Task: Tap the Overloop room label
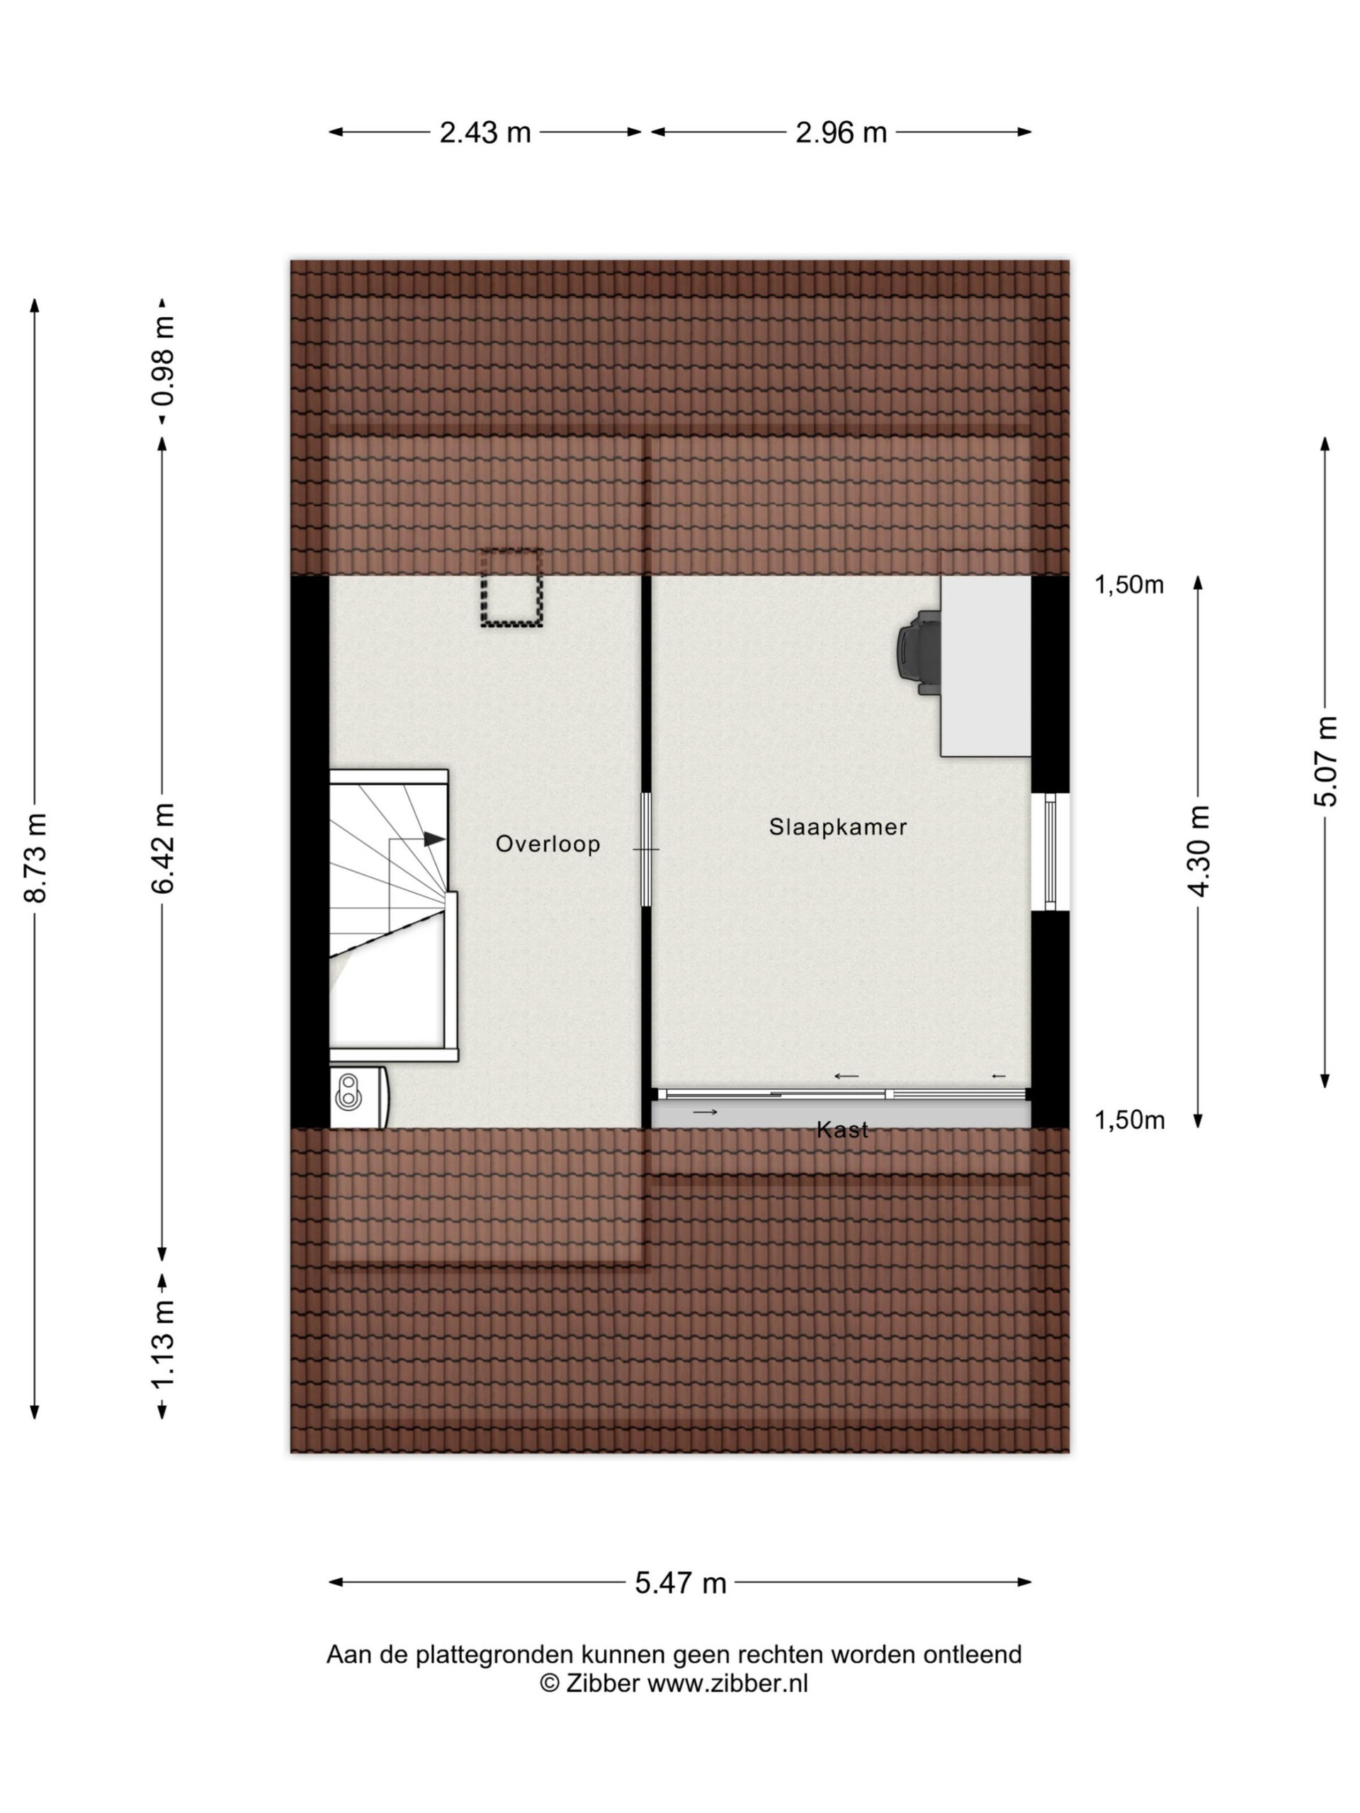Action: (548, 843)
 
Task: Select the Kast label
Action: (842, 1130)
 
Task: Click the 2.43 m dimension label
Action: (484, 132)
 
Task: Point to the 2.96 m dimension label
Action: (840, 132)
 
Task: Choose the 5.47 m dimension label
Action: (681, 1583)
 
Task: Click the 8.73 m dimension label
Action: (35, 858)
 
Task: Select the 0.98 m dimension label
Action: (163, 361)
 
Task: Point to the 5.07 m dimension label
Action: (1325, 761)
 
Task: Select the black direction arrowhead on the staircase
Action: (434, 839)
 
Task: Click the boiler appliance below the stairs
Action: (359, 1096)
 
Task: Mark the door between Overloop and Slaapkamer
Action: (646, 849)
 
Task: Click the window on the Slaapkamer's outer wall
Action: (1051, 851)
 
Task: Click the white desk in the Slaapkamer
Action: (985, 666)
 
